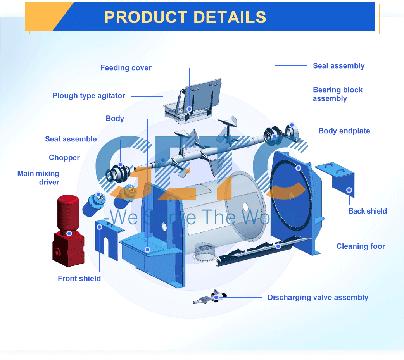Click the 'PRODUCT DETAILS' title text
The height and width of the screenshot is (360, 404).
point(185,17)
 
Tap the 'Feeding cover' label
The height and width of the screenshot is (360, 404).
point(126,68)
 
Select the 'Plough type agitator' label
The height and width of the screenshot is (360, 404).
point(89,96)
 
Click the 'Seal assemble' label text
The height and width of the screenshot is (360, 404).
point(71,139)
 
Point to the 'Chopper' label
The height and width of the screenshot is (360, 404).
point(64,158)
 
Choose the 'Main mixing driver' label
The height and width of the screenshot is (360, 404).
point(38,178)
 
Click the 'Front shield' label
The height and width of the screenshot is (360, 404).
point(79,279)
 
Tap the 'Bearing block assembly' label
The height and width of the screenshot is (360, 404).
point(337,94)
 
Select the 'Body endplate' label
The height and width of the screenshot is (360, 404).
point(344,131)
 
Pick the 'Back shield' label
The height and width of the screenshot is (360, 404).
point(368,211)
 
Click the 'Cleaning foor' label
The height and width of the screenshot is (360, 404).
point(361,246)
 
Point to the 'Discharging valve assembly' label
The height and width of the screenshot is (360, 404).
point(318,298)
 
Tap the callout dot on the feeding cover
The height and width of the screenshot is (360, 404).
point(189,109)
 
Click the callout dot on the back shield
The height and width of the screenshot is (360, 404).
point(349,190)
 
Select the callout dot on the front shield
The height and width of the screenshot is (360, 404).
point(99,227)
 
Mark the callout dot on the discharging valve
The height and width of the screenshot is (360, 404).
point(216,298)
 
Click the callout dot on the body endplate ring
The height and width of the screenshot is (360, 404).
point(298,168)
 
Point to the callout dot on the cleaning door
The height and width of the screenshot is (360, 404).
point(278,246)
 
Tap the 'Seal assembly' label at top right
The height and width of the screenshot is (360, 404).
point(338,66)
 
